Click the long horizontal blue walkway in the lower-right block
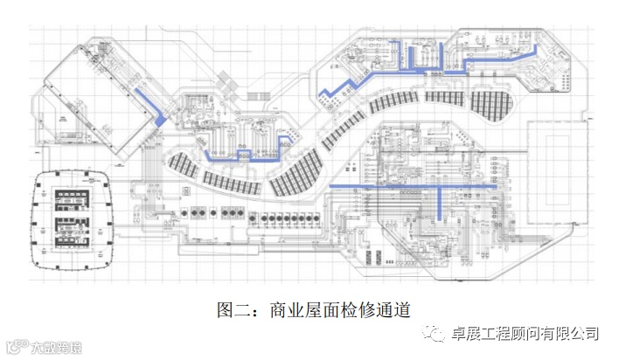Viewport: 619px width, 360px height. coord(411,186)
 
